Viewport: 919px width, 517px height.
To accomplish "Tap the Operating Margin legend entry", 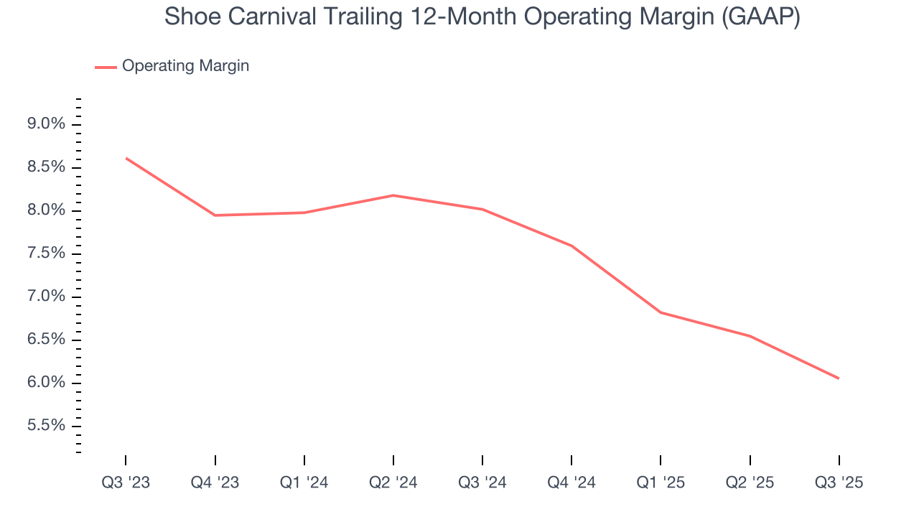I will click(x=185, y=66).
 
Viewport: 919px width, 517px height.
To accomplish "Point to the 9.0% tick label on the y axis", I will click(x=46, y=124).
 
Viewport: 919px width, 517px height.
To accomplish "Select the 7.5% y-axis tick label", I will click(x=46, y=253).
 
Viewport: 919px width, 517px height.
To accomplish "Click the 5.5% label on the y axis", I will click(x=46, y=426).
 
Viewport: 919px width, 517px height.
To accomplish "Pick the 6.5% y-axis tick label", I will click(x=46, y=340).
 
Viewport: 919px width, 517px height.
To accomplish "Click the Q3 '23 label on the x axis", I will click(x=126, y=483).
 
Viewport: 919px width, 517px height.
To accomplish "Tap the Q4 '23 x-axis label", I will click(x=215, y=483).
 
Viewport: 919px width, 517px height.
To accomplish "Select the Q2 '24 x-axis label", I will click(x=393, y=483).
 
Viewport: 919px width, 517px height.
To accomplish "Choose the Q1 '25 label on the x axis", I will click(x=661, y=483).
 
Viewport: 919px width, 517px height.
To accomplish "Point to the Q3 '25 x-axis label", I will click(x=839, y=483).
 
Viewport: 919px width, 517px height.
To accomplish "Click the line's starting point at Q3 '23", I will click(x=126, y=158).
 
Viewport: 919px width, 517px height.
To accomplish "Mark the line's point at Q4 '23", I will click(x=215, y=215).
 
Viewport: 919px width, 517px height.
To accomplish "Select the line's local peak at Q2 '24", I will click(x=393, y=195).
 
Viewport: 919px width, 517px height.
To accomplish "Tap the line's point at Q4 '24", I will click(x=572, y=246).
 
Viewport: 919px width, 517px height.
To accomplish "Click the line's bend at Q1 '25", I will click(x=661, y=312).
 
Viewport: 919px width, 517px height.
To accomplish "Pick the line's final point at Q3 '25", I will click(x=839, y=378).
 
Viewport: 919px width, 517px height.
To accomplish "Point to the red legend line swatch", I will click(x=106, y=67).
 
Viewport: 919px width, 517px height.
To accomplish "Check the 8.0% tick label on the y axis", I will click(x=46, y=210).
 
